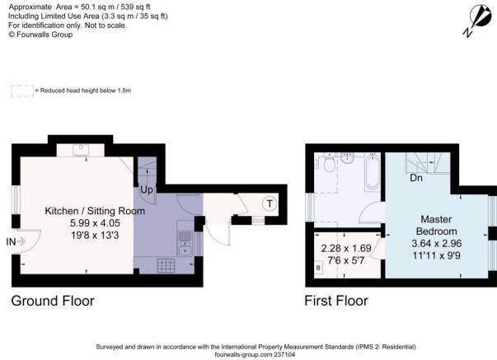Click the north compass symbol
click(478, 20)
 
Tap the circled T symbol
click(270, 203)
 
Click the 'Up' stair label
click(147, 189)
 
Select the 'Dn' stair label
click(416, 178)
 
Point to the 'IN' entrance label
click(11, 242)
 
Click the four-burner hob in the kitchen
click(166, 265)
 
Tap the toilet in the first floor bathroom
click(330, 162)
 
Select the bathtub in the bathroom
click(372, 171)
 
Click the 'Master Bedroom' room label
click(436, 226)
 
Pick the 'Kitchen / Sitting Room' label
click(95, 211)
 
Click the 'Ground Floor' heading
click(53, 301)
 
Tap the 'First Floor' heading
click(336, 301)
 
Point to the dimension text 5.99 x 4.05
click(95, 223)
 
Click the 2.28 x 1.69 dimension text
click(346, 248)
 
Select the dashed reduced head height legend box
click(22, 91)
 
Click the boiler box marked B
click(318, 268)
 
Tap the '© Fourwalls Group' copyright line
click(40, 35)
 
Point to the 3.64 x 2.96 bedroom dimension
click(437, 243)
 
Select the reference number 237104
click(284, 354)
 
